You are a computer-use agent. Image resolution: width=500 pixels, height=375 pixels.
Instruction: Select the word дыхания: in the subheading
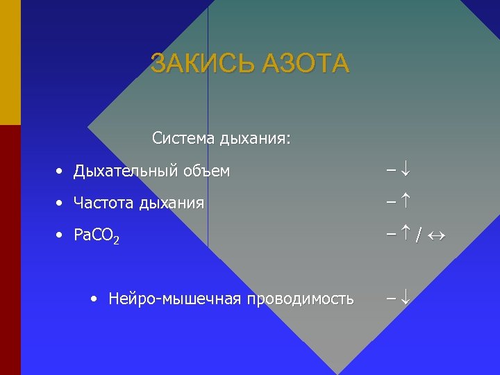pos(255,139)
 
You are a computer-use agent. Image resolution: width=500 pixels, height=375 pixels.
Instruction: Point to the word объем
pos(206,171)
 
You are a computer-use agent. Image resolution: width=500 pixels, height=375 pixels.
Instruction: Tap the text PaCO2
pos(97,236)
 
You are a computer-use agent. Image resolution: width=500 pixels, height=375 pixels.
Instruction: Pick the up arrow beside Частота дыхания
pos(405,203)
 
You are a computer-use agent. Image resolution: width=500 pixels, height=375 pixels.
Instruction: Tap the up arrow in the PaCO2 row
pos(405,235)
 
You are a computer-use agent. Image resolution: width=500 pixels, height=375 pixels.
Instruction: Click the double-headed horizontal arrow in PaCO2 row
pos(435,236)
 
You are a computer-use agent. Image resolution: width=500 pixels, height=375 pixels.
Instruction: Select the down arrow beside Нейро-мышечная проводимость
pos(405,299)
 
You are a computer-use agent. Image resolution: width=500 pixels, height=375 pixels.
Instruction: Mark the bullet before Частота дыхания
pos(61,203)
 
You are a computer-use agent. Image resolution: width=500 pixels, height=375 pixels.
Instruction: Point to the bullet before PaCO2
pos(61,235)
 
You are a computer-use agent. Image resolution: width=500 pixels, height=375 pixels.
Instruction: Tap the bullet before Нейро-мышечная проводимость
pos(94,299)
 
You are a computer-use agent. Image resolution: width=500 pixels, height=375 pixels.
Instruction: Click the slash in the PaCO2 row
pos(418,236)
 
